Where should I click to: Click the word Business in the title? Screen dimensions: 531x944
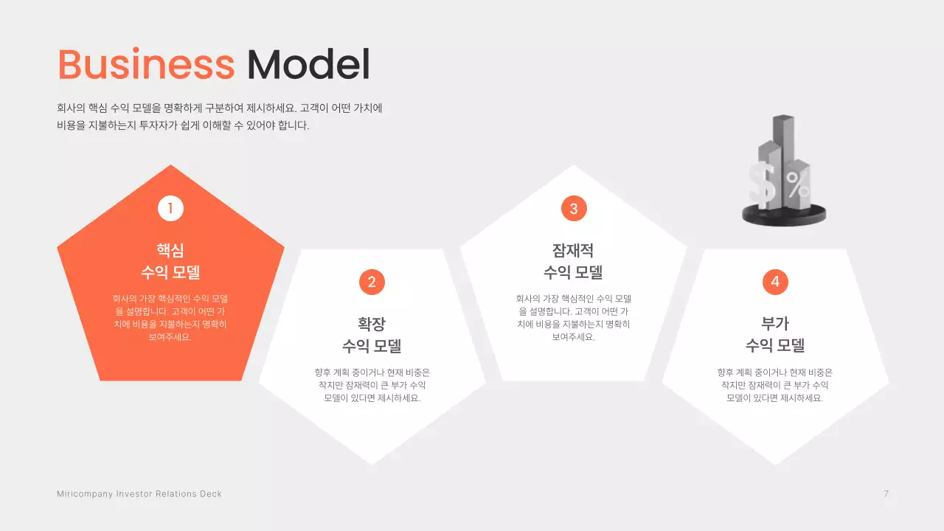pyautogui.click(x=145, y=65)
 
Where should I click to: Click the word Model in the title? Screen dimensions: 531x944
pyautogui.click(x=308, y=65)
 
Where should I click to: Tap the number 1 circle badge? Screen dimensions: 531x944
pyautogui.click(x=170, y=209)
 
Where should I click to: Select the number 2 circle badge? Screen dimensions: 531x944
pyautogui.click(x=372, y=282)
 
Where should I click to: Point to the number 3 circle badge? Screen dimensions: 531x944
pyautogui.click(x=574, y=209)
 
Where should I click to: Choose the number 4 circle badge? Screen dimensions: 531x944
pyautogui.click(x=775, y=282)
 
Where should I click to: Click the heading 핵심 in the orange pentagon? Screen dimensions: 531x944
pyautogui.click(x=170, y=250)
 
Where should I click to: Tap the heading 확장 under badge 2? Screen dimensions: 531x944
pyautogui.click(x=372, y=324)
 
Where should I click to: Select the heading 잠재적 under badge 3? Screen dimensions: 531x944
pyautogui.click(x=573, y=250)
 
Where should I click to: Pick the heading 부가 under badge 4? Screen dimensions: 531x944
pyautogui.click(x=775, y=324)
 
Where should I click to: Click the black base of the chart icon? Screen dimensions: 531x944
pyautogui.click(x=784, y=217)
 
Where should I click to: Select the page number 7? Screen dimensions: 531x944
pyautogui.click(x=886, y=494)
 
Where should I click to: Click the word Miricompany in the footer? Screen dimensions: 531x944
pyautogui.click(x=84, y=494)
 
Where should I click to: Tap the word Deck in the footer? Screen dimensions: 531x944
pyautogui.click(x=210, y=494)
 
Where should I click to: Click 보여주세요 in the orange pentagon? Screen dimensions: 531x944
pyautogui.click(x=170, y=337)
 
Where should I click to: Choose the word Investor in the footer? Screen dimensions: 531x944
pyautogui.click(x=133, y=494)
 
